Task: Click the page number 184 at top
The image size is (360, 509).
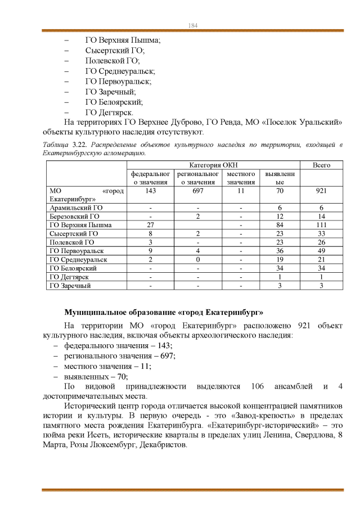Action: pos(192,26)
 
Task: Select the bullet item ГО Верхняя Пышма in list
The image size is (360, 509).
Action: pos(123,40)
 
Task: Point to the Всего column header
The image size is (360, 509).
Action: pos(321,165)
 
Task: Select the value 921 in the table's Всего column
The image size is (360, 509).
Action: pos(321,191)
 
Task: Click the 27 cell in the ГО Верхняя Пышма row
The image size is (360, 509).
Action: pos(150,225)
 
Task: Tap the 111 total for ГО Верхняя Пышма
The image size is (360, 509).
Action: pos(321,225)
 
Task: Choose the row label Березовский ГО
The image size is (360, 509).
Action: pos(74,216)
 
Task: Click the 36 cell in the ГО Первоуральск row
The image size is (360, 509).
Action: pos(280,251)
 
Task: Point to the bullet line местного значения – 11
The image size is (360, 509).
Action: pos(107,366)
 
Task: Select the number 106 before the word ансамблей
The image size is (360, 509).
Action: pos(249,387)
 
